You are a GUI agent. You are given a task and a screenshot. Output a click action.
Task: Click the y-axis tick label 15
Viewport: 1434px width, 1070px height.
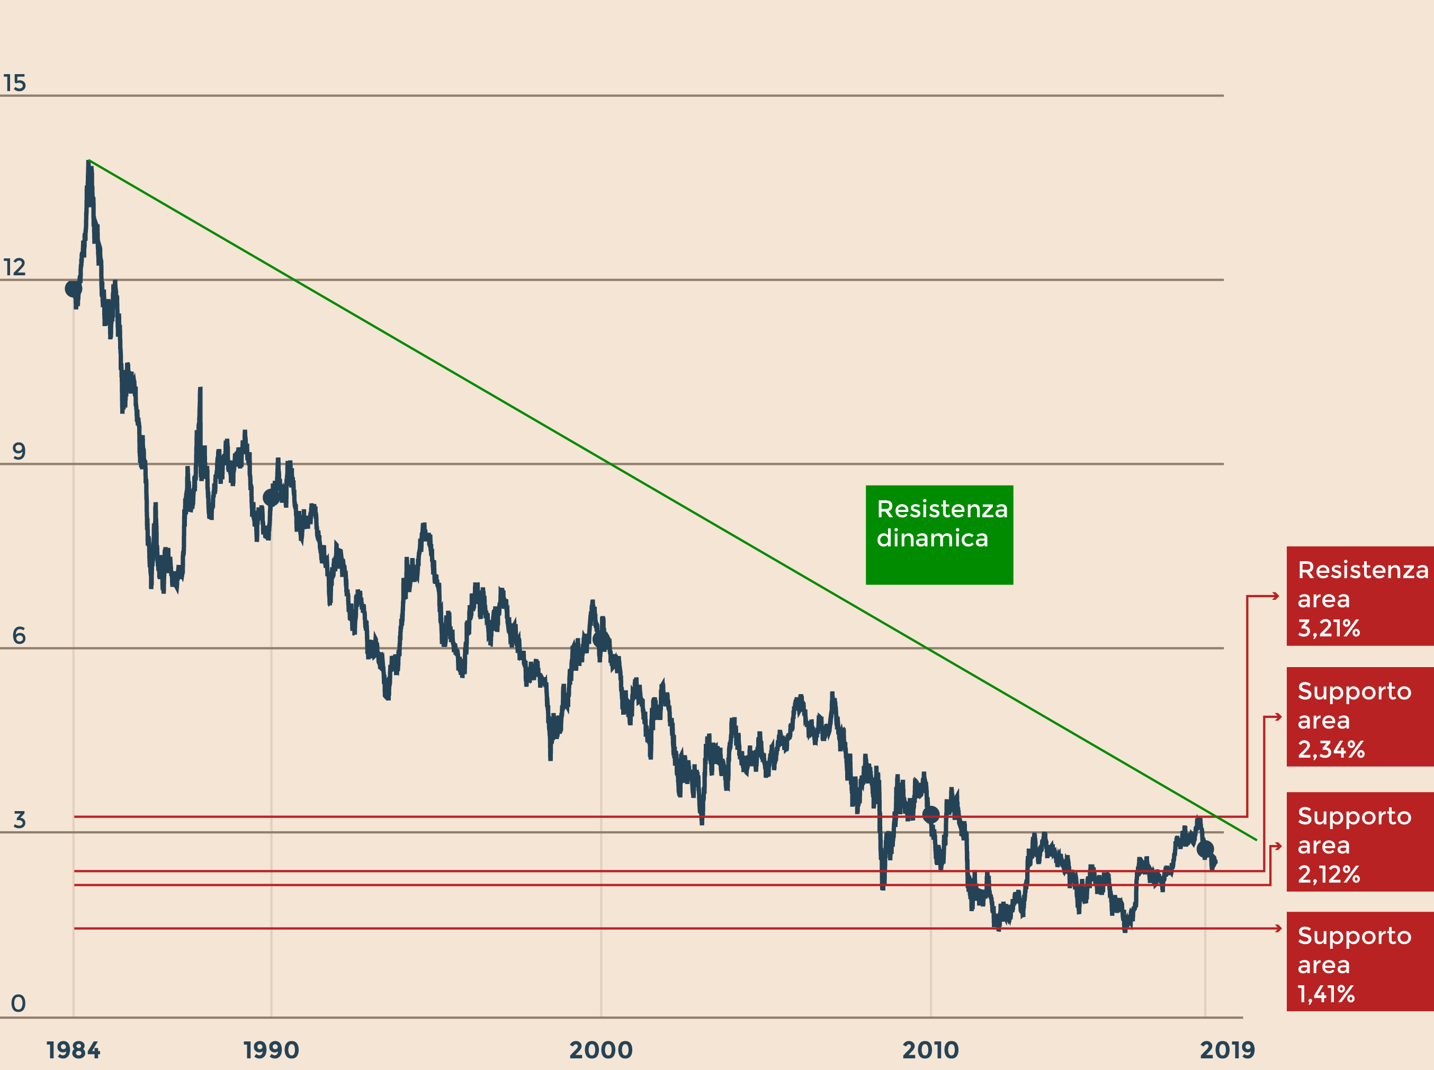14,83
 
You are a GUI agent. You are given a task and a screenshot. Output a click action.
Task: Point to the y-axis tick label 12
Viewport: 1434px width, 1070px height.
14,267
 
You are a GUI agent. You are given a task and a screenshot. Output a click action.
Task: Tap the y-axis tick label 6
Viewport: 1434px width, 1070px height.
19,635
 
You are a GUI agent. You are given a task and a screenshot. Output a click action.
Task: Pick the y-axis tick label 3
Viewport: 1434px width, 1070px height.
19,820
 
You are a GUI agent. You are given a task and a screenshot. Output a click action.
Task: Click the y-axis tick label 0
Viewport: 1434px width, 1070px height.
18,1003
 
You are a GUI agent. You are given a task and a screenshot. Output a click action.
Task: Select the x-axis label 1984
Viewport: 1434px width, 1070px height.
73,1050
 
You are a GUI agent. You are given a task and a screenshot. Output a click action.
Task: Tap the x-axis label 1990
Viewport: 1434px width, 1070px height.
271,1050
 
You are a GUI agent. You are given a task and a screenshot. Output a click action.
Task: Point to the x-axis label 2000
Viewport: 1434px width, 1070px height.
601,1050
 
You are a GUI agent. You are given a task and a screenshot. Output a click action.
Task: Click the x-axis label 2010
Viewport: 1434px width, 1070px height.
930,1050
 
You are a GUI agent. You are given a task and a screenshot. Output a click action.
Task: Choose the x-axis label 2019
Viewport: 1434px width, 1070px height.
1227,1050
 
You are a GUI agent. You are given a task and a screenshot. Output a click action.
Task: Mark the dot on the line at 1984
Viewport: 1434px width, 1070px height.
73,288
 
